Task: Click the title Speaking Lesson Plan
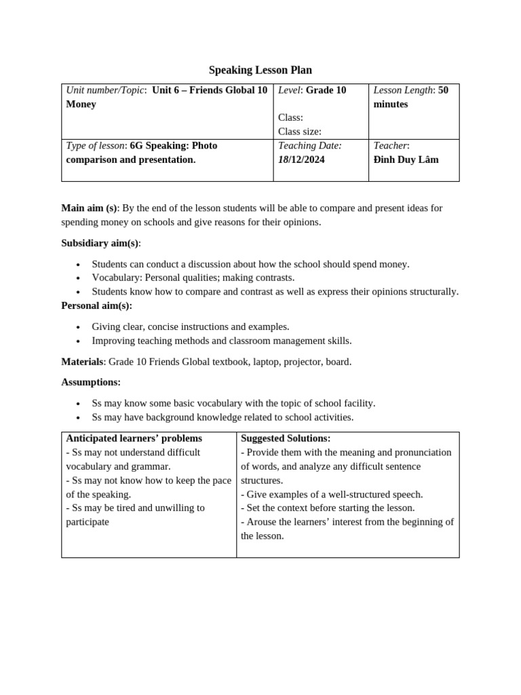260,70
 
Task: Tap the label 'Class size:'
299,132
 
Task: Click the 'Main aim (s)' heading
89,208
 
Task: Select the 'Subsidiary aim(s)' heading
100,243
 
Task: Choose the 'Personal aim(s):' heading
96,305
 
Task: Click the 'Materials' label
82,362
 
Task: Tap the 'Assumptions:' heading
91,382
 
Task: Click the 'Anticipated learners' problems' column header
134,438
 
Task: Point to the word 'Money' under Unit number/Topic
81,104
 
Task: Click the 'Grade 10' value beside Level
326,90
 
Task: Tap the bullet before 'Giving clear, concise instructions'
78,327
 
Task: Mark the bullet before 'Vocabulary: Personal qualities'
78,278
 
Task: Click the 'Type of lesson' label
95,145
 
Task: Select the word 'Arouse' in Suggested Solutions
262,522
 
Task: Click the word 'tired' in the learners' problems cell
134,508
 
